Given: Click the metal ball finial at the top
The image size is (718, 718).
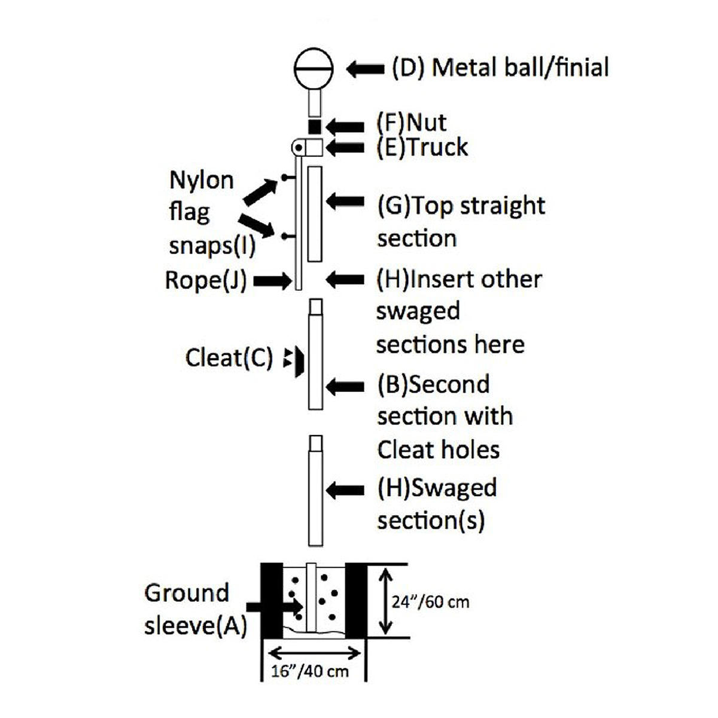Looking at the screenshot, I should tap(313, 69).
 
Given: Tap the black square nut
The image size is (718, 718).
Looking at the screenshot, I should tap(315, 127).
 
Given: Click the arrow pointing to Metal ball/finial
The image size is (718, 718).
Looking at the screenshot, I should tap(365, 69).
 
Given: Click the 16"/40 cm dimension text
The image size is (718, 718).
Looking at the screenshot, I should tap(310, 670).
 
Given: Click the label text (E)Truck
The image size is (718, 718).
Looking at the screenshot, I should tap(422, 147).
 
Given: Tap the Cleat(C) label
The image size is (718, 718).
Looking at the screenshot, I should tap(229, 358).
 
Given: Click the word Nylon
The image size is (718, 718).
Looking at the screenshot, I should tap(202, 180).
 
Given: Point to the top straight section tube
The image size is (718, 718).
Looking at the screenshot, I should tap(315, 214).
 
